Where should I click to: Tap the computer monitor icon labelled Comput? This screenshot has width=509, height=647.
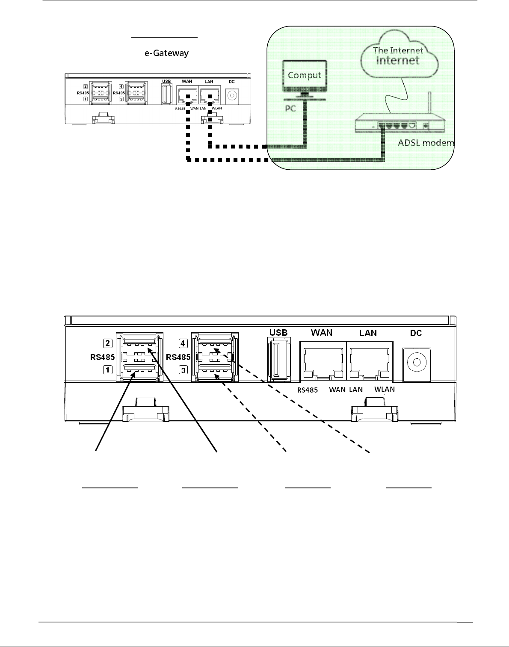(x=304, y=76)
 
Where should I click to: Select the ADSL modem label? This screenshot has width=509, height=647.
(x=426, y=142)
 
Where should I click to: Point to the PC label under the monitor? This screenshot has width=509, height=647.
(x=291, y=109)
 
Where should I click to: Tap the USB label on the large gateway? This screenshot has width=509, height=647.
(x=278, y=332)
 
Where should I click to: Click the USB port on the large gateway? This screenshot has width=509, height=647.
(x=278, y=358)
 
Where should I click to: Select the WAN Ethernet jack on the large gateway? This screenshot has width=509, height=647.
(x=323, y=361)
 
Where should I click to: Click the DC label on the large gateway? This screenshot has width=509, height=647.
(x=416, y=333)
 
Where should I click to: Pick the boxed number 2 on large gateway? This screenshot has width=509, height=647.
(x=108, y=343)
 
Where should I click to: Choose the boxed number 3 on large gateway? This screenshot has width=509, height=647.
(x=183, y=370)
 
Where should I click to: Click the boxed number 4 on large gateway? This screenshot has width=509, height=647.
(x=183, y=343)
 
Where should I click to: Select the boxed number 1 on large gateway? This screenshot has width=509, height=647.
(x=108, y=370)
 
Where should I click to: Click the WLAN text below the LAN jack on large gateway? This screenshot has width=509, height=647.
(x=384, y=389)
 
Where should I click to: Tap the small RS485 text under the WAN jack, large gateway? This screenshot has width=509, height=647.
(x=308, y=390)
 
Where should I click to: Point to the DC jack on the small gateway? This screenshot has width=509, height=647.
(x=232, y=95)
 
